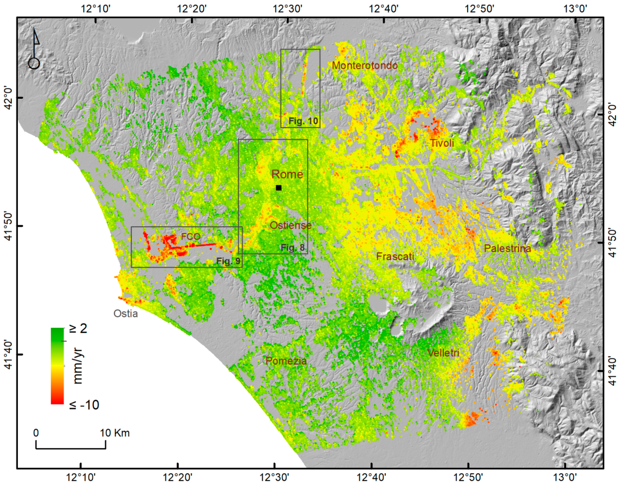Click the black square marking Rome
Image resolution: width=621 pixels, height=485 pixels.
(x=278, y=188)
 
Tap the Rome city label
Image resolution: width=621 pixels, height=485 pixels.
(x=287, y=174)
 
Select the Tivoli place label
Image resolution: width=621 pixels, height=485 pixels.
(x=442, y=143)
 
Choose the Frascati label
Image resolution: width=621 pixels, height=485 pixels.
(x=395, y=257)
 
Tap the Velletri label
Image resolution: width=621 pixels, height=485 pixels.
(x=443, y=353)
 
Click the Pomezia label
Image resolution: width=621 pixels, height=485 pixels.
(x=286, y=361)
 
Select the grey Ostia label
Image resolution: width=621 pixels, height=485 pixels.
(x=125, y=313)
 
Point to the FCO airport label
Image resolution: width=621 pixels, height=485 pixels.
(x=191, y=236)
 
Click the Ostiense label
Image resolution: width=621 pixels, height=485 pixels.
(x=290, y=225)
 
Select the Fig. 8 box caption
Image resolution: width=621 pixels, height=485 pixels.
(x=293, y=248)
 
